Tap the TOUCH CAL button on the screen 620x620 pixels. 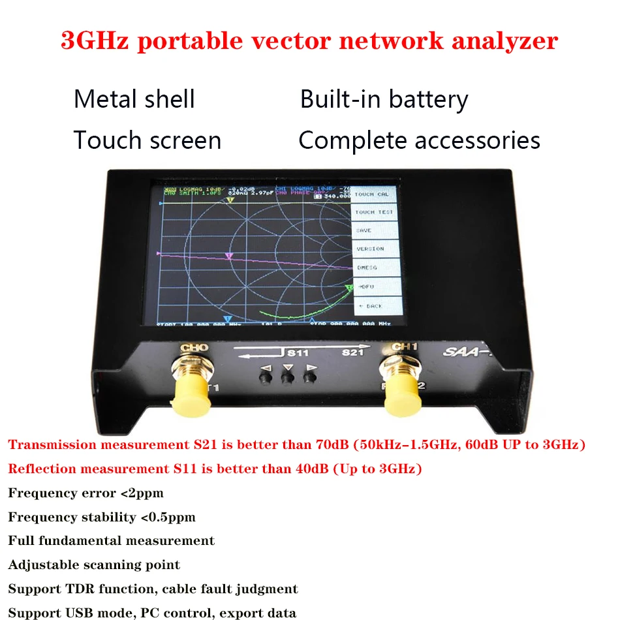coord(373,194)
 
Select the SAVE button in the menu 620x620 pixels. coord(365,230)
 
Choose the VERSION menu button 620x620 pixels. coord(370,249)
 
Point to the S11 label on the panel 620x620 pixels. coord(298,353)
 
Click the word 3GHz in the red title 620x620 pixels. coord(96,40)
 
